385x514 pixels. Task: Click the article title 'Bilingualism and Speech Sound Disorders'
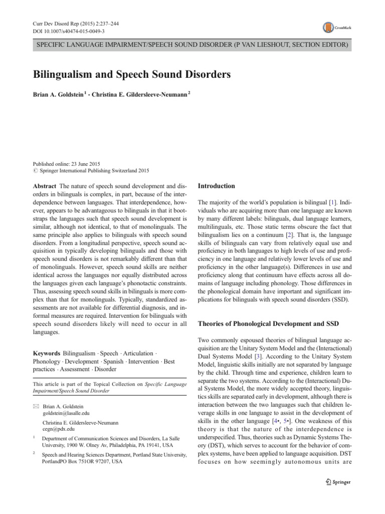coord(132,75)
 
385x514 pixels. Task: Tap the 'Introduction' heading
coord(217,186)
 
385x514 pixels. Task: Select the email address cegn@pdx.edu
coord(59,429)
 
